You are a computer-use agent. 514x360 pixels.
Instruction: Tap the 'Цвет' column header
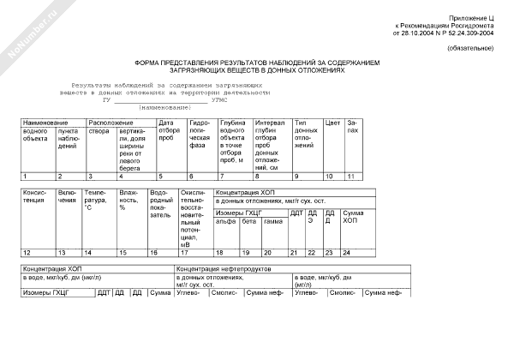click(x=332, y=123)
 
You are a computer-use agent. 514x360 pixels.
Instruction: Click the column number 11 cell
click(x=351, y=176)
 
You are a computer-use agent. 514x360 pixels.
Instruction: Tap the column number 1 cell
click(x=25, y=176)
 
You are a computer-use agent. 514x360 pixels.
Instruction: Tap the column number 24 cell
click(x=346, y=253)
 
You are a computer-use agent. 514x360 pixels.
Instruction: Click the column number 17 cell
click(x=184, y=253)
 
